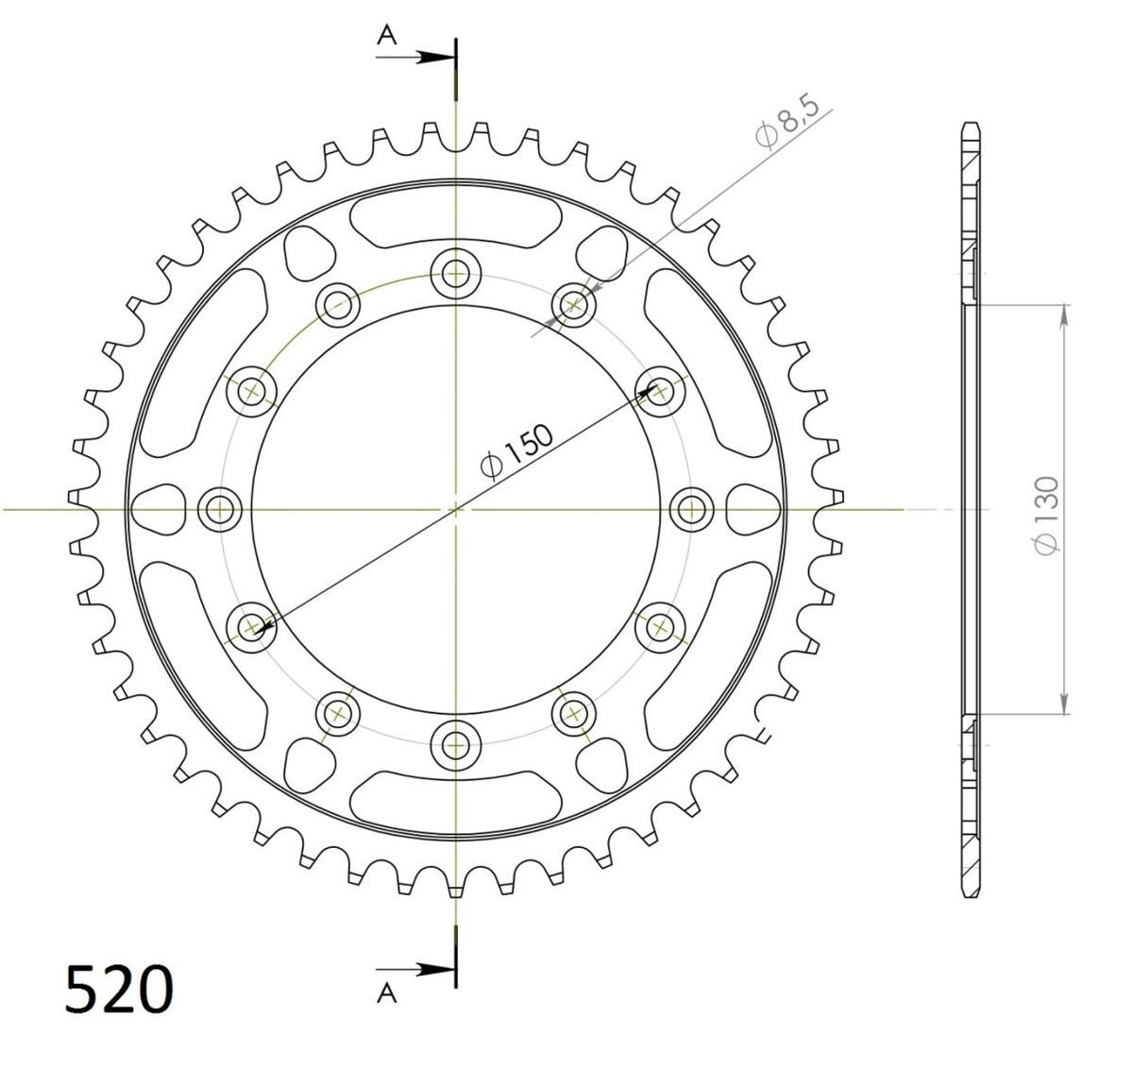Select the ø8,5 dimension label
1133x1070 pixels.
pos(786,122)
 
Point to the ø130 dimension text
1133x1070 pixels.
pos(1046,515)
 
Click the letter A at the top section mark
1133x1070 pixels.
pos(386,36)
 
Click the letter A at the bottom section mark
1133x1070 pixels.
pos(387,994)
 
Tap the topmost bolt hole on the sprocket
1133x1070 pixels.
pos(456,275)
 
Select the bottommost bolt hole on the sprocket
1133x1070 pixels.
pos(456,745)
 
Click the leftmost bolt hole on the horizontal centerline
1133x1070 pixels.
pos(220,510)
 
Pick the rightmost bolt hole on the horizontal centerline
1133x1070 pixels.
pos(691,510)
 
